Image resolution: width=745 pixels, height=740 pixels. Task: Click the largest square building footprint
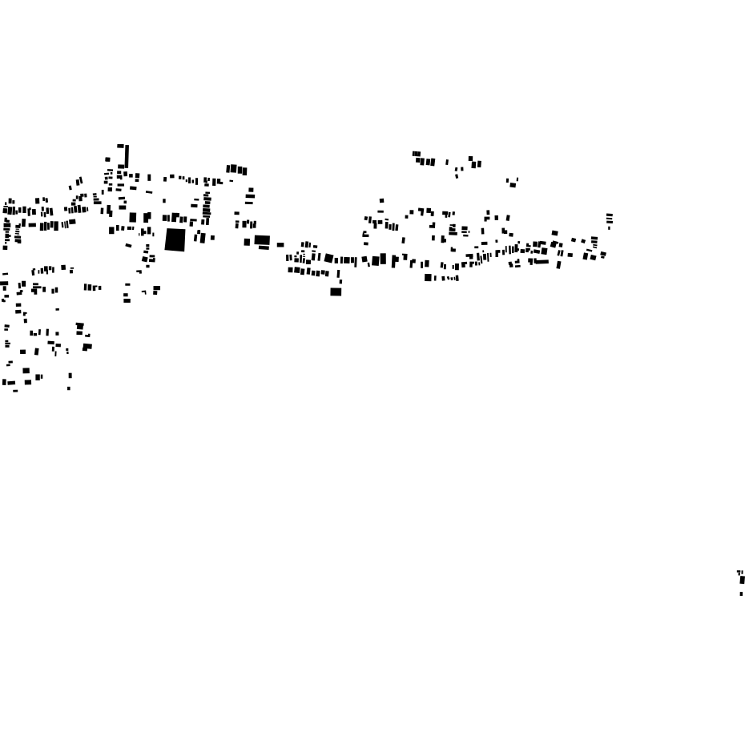pyautogui.click(x=175, y=239)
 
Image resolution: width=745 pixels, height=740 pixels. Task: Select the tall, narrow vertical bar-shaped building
pyautogui.click(x=127, y=156)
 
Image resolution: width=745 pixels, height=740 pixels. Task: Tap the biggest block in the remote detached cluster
pyautogui.click(x=742, y=580)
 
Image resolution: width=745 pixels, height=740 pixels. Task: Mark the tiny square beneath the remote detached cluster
pyautogui.click(x=741, y=593)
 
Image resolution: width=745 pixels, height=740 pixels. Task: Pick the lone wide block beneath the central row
pyautogui.click(x=336, y=292)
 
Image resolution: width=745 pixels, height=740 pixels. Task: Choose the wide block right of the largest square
pyautogui.click(x=262, y=239)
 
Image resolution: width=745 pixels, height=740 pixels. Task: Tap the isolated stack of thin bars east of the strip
pyautogui.click(x=610, y=219)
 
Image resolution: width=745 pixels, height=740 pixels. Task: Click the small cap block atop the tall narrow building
pyautogui.click(x=120, y=146)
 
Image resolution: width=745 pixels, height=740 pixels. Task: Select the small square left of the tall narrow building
pyautogui.click(x=107, y=159)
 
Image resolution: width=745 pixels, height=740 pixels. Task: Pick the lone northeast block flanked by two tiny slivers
pyautogui.click(x=513, y=184)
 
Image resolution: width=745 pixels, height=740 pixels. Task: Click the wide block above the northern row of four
pyautogui.click(x=417, y=154)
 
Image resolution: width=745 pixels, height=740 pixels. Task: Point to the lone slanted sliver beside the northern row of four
pyautogui.click(x=447, y=163)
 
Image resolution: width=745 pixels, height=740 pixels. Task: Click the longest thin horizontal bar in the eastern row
pyautogui.click(x=542, y=262)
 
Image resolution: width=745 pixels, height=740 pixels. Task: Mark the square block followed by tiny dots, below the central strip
pyautogui.click(x=428, y=278)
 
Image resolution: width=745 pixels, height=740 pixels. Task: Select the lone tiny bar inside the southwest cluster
pyautogui.click(x=57, y=309)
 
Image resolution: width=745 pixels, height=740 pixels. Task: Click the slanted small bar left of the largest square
pyautogui.click(x=128, y=245)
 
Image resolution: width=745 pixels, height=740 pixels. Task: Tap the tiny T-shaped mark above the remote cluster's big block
pyautogui.click(x=739, y=572)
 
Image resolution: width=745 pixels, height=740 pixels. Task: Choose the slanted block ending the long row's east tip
pyautogui.click(x=603, y=255)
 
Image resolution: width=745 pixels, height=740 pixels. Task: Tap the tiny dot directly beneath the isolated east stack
pyautogui.click(x=609, y=228)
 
